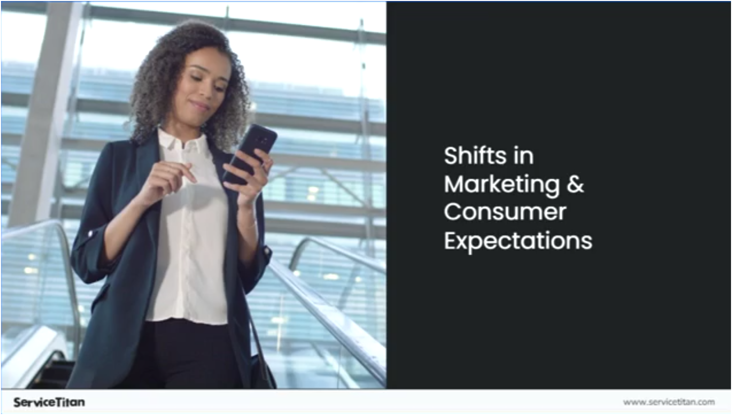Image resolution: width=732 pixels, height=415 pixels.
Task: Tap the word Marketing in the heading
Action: pyautogui.click(x=502, y=185)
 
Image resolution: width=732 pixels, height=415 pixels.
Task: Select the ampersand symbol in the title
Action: pyautogui.click(x=575, y=184)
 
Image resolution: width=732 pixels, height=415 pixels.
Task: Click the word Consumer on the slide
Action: pyautogui.click(x=505, y=212)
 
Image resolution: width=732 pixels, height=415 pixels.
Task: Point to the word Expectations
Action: pyautogui.click(x=518, y=241)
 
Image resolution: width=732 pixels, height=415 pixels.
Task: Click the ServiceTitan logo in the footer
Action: pyautogui.click(x=49, y=402)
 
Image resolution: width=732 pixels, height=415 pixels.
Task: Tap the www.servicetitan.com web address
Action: pyautogui.click(x=669, y=402)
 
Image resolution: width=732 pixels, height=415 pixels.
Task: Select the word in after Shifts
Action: pyautogui.click(x=524, y=156)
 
